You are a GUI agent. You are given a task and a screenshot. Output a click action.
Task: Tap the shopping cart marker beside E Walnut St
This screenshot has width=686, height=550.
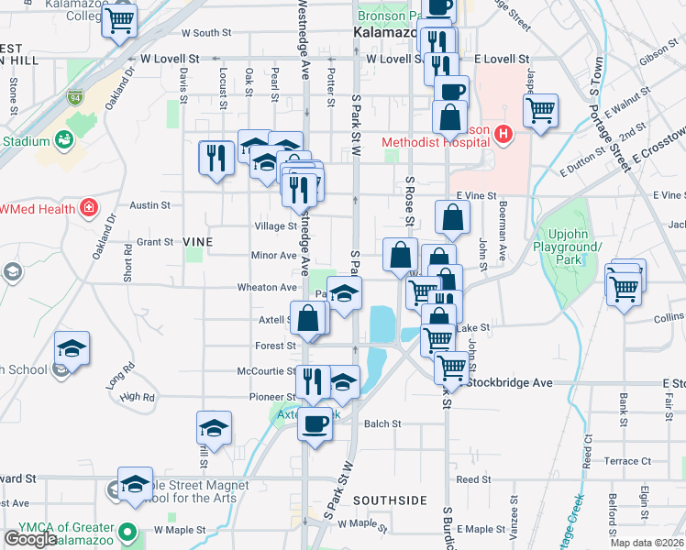[541, 111]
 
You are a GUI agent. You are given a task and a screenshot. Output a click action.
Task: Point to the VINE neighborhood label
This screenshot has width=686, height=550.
[198, 242]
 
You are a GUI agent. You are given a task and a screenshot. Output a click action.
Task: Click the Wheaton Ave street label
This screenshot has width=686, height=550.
[267, 287]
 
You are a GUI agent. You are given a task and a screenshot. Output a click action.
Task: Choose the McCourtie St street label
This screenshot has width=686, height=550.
[266, 371]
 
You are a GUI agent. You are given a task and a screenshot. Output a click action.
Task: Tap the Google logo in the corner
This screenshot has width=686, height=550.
[30, 539]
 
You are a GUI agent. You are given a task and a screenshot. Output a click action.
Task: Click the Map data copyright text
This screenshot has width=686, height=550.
[647, 543]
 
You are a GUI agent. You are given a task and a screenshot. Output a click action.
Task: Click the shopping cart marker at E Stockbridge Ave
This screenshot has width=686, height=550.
[450, 368]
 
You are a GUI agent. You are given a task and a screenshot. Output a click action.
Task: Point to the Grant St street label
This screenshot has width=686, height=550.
[155, 242]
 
